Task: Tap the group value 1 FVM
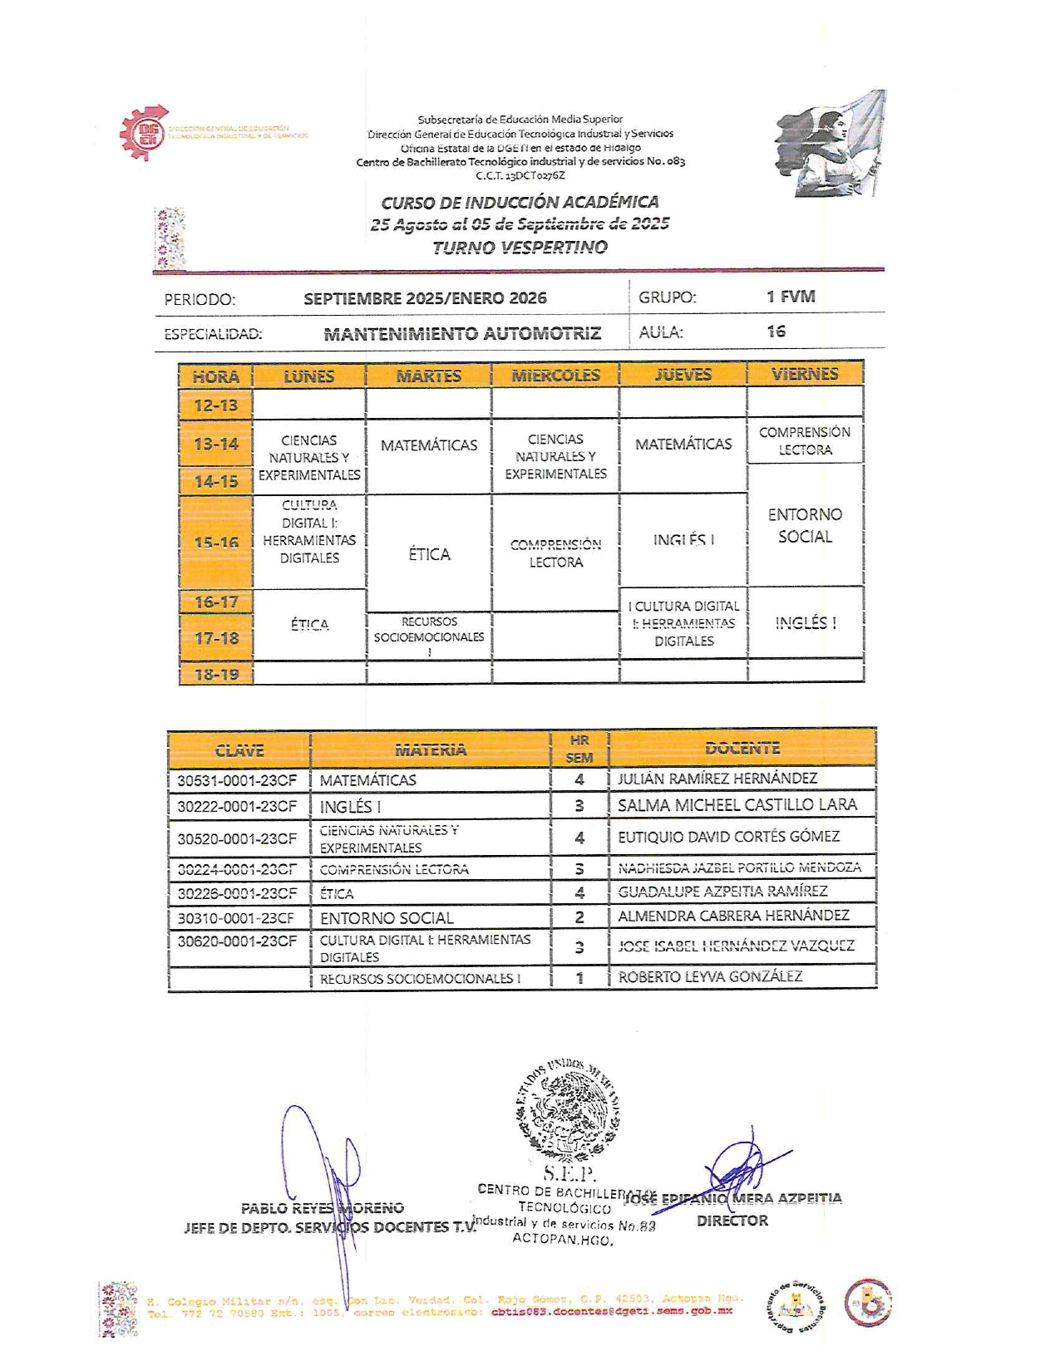pos(791,297)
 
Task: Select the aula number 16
pos(777,332)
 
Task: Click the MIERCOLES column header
pos(555,376)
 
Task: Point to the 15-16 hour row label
pos(216,543)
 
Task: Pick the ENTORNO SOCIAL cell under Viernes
pos(805,525)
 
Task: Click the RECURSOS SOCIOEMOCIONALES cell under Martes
pos(429,636)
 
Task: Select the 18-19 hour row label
pos(216,675)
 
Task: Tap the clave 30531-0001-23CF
pos(237,780)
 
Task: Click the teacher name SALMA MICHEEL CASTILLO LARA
pos(737,804)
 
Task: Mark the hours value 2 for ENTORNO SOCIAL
pos(579,917)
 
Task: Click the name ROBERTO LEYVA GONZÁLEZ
pos(710,976)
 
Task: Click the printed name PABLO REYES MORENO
pos(323,1208)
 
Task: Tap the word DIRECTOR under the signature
pos(732,1221)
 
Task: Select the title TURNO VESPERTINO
pos(520,247)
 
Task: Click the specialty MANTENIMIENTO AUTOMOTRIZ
pos(462,334)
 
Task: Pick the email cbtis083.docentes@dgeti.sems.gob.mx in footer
pos(612,1312)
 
